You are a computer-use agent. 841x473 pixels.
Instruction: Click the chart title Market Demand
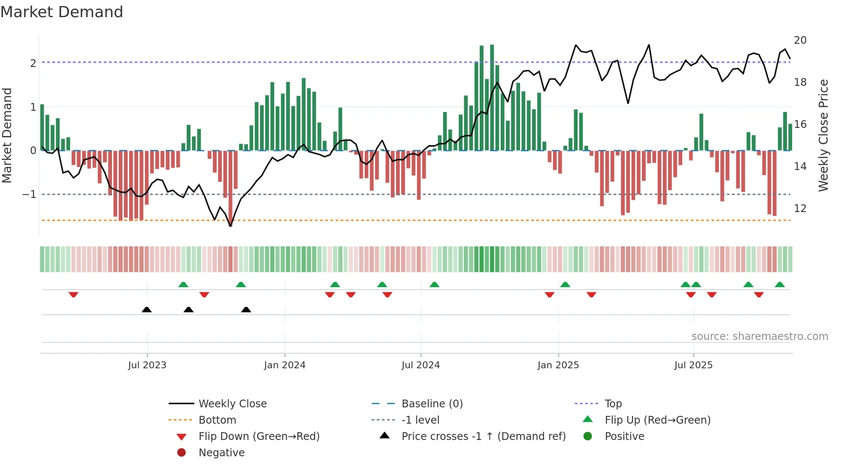point(62,12)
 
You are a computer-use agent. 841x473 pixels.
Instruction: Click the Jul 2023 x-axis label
point(147,365)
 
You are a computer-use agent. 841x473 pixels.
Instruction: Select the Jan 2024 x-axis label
point(284,365)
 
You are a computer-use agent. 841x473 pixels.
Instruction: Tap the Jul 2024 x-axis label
point(420,365)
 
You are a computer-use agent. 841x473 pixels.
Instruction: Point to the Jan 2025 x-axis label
point(558,365)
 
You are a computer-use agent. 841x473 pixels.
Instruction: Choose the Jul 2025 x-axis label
point(693,365)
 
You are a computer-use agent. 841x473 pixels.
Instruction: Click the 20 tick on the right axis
point(800,40)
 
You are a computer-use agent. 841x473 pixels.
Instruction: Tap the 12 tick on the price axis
point(800,209)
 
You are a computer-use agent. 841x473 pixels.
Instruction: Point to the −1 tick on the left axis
point(29,194)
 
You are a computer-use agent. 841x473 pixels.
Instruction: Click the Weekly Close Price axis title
point(823,135)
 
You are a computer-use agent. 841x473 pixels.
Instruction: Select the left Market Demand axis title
point(7,135)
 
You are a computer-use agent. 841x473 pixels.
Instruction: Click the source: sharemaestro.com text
point(759,337)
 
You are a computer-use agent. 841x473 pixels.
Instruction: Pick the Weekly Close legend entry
point(232,404)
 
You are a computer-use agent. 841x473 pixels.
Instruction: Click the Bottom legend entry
point(217,420)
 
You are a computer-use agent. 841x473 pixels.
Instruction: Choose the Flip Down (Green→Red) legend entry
point(259,437)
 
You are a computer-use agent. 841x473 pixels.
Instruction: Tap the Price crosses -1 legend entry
point(483,437)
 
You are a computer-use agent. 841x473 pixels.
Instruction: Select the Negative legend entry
point(221,453)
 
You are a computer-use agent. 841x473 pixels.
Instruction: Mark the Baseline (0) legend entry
point(432,404)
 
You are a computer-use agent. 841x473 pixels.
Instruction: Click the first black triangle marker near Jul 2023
point(147,310)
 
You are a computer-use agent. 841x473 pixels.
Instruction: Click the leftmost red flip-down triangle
point(73,294)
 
